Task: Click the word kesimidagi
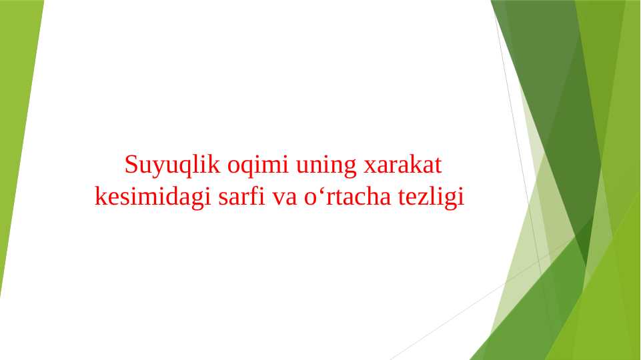pyautogui.click(x=153, y=198)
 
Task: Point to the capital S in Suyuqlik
pyautogui.click(x=131, y=164)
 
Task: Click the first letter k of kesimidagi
pyautogui.click(x=100, y=197)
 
